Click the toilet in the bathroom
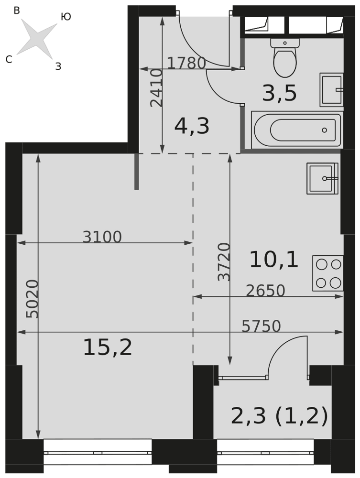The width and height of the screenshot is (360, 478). tap(285, 57)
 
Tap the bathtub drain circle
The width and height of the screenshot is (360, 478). tap(324, 130)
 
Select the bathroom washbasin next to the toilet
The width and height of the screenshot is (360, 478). tap(332, 90)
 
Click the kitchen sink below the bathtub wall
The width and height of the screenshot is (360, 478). tap(323, 178)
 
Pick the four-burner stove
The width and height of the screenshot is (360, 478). tap(328, 273)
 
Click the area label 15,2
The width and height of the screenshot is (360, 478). tap(108, 348)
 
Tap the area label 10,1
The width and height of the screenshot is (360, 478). tap(274, 260)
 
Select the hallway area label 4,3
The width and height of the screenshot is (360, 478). tap(192, 126)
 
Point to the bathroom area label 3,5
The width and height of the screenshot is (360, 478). tap(279, 93)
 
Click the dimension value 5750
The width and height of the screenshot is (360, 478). tap(261, 326)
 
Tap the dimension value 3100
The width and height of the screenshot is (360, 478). tap(102, 237)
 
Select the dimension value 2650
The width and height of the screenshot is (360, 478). tap(265, 291)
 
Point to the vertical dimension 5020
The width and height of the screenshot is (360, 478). tap(33, 299)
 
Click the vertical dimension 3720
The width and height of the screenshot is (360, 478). tap(224, 261)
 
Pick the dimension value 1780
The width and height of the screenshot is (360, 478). tap(186, 64)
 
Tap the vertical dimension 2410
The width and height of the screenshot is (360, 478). tap(157, 88)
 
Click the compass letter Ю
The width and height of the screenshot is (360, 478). tap(66, 17)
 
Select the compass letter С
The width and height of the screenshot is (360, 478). tap(9, 59)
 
